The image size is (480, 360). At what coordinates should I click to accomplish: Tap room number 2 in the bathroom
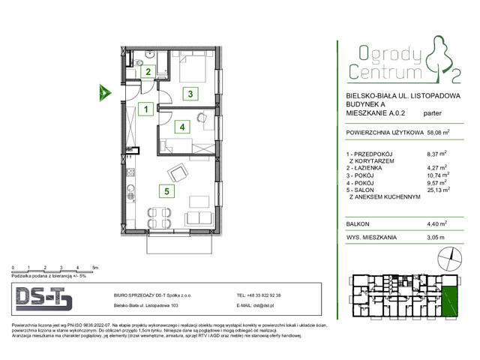[148, 72]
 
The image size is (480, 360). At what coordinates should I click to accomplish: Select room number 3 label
[191, 94]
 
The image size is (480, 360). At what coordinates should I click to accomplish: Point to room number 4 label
[181, 127]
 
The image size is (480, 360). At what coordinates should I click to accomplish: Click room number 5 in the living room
[170, 191]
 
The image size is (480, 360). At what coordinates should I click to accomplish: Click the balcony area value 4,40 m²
[436, 223]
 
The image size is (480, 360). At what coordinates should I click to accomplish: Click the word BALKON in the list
[358, 223]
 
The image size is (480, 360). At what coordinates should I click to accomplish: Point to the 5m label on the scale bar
[94, 267]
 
